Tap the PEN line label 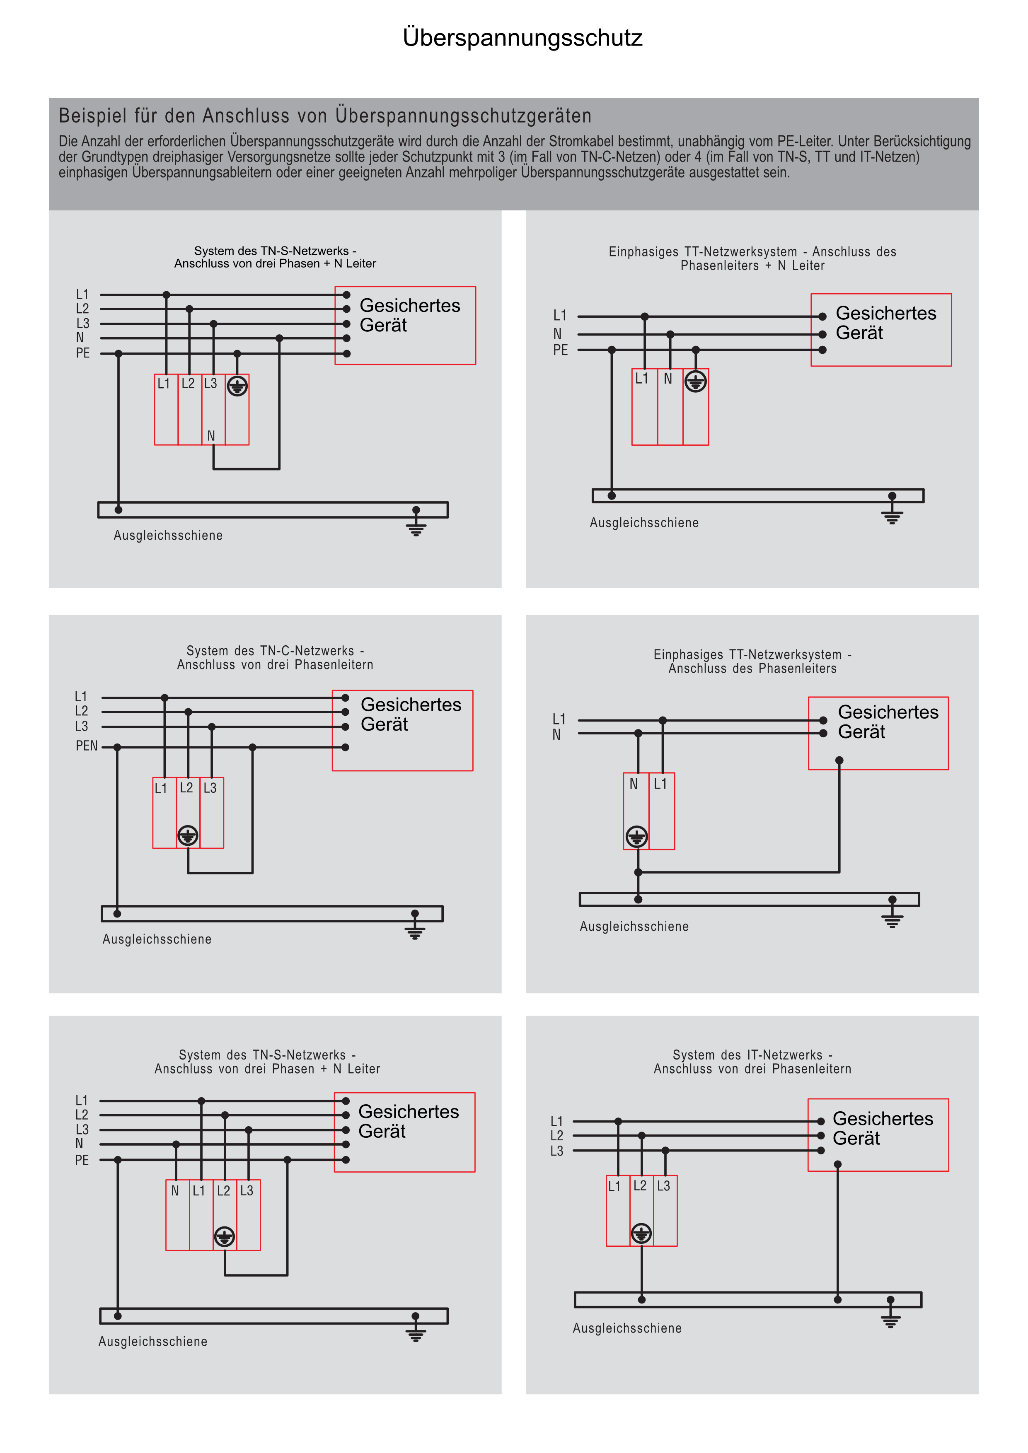(87, 746)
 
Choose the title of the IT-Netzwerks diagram (752, 1062)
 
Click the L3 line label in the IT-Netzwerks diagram (556, 1151)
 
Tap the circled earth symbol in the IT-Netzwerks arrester (641, 1233)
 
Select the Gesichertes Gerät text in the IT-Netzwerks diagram (883, 1128)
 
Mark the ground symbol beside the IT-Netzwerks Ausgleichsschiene (890, 1320)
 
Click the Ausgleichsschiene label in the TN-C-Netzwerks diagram (157, 939)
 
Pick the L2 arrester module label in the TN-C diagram (186, 788)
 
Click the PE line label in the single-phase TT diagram (560, 350)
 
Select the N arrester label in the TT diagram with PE (668, 379)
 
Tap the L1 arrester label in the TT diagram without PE (660, 784)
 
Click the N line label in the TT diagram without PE (556, 735)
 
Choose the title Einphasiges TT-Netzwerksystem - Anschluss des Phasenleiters (752, 661)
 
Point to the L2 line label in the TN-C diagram (82, 711)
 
